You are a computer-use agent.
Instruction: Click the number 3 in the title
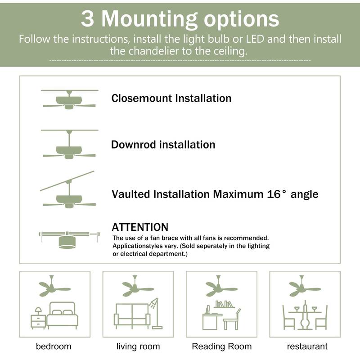88,19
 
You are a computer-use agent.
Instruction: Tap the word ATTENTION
140,227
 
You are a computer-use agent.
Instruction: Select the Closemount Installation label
171,98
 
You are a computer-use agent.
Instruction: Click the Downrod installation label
163,145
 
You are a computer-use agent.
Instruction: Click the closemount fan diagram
69,100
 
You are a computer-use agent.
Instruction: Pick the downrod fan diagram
69,146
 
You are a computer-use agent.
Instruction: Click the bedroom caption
54,346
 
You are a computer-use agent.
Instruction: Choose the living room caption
138,346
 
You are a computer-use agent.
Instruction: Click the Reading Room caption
221,346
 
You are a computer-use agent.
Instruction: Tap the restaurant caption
307,346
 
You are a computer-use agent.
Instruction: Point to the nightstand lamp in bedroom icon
38,311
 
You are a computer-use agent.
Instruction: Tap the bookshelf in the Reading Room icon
225,305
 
